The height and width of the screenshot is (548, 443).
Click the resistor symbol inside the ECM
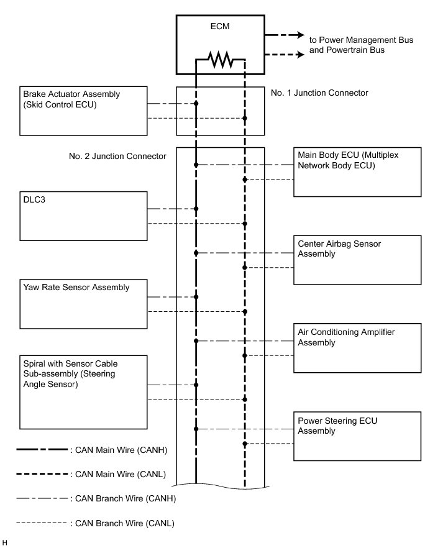221,60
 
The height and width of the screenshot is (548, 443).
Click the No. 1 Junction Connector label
320,93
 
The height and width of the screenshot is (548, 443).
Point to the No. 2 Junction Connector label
117,157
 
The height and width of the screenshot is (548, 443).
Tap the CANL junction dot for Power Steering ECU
245,444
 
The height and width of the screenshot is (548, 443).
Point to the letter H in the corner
5,542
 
